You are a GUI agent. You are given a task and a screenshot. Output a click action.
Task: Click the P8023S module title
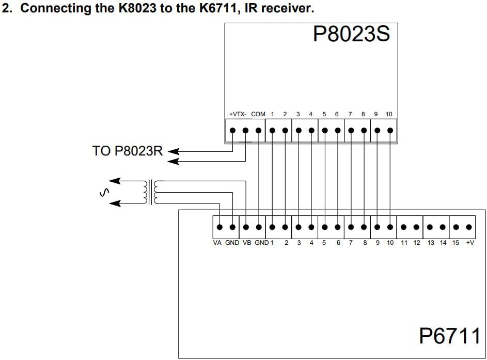(351, 34)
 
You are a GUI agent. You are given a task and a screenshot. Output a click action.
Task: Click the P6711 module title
(450, 335)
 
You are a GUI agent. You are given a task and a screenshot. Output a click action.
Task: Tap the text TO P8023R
(128, 151)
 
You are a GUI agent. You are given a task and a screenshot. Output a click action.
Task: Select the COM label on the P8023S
(258, 114)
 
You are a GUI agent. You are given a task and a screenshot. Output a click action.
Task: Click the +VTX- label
(238, 114)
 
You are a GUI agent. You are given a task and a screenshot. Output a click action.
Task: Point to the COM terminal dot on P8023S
(258, 131)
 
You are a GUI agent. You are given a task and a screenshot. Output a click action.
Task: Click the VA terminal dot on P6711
(219, 227)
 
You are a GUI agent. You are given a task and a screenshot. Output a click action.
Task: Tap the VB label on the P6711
(247, 243)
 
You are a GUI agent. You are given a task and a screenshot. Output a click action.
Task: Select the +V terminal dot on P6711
(469, 227)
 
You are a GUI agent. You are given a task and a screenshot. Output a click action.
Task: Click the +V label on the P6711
(470, 243)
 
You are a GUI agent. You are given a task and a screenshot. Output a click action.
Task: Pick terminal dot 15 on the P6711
(456, 227)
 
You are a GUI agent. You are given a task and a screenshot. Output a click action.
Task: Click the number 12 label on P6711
(416, 243)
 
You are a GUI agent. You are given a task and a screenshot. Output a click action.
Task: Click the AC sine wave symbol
(104, 193)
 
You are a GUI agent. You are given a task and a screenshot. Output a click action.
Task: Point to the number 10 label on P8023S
(389, 114)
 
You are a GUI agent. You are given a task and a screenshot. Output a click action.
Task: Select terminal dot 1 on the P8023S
(272, 131)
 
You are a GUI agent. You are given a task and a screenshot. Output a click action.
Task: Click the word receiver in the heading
(286, 8)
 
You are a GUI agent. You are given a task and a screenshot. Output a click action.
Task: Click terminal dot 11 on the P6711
(403, 227)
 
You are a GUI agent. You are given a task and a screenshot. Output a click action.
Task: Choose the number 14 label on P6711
(443, 243)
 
